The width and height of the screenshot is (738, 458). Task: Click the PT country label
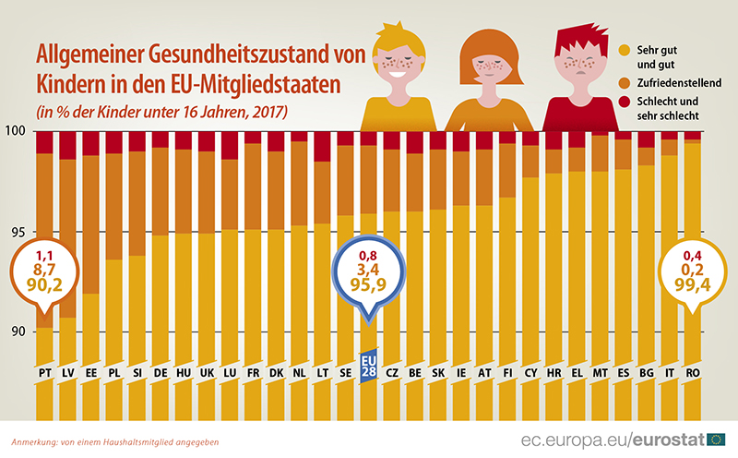click(x=44, y=372)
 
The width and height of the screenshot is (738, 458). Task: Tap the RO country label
click(x=692, y=372)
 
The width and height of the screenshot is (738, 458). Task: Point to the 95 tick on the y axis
click(x=17, y=233)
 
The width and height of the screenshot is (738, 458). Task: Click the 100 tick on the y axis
click(x=17, y=132)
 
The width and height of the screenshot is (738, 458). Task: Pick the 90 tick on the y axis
click(x=17, y=333)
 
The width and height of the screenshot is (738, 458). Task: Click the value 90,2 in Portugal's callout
click(x=44, y=287)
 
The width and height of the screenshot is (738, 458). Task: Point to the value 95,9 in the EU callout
click(x=367, y=287)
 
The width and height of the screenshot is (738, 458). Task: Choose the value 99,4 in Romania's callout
click(x=692, y=287)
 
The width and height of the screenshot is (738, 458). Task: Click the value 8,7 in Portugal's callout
click(x=44, y=271)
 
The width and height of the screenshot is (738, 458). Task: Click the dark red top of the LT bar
click(x=321, y=146)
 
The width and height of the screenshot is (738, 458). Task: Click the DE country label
click(x=160, y=372)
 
